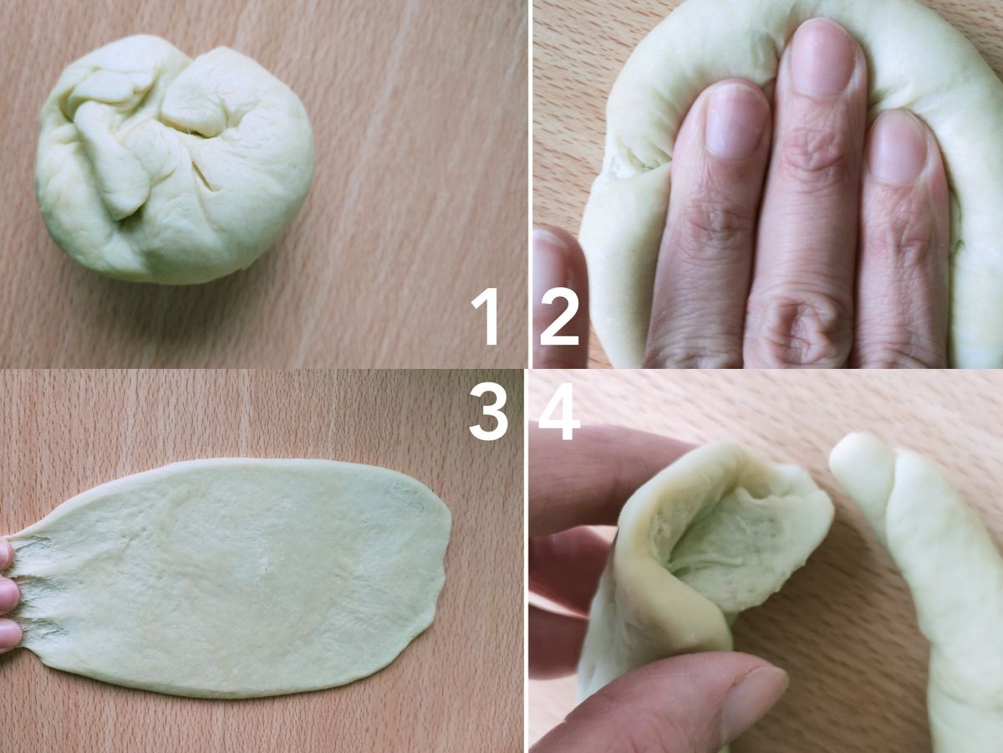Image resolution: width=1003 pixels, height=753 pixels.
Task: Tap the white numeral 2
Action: (x=559, y=316)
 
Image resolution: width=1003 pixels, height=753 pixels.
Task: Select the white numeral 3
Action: (x=488, y=412)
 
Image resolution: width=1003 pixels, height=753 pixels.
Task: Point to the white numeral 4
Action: (x=560, y=412)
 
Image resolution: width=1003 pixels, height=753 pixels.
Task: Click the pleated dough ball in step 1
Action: (x=175, y=159)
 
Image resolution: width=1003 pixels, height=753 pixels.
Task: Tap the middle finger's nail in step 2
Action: (x=822, y=60)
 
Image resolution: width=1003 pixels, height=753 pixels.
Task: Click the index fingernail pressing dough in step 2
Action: (x=735, y=122)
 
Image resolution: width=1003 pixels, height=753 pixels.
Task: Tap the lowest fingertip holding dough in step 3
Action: (x=9, y=633)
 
